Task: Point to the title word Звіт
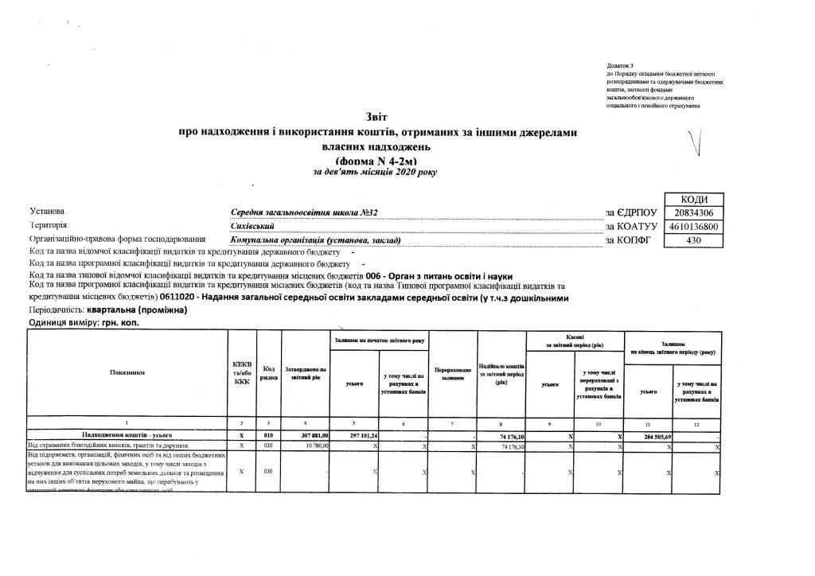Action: pos(376,118)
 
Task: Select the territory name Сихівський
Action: pos(252,227)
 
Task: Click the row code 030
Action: pos(268,472)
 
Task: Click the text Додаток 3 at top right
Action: pos(619,64)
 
